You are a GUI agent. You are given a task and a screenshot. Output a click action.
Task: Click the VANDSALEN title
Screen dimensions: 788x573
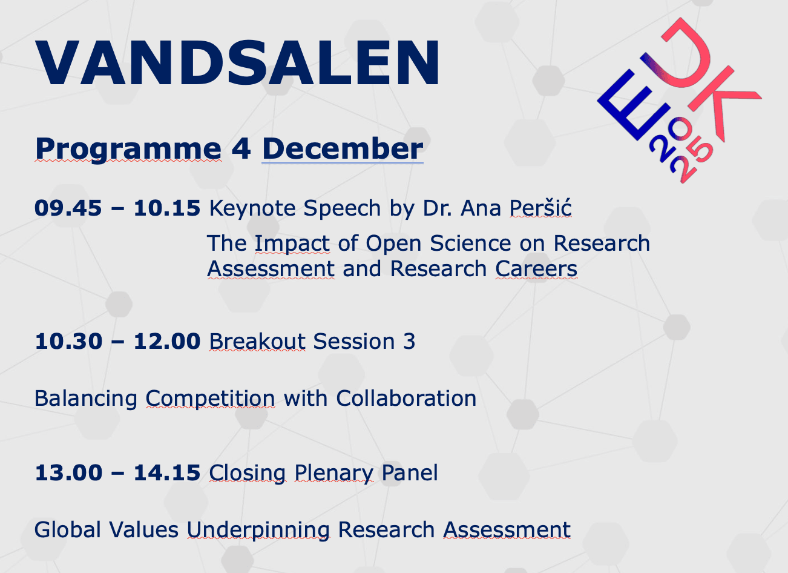[x=237, y=62]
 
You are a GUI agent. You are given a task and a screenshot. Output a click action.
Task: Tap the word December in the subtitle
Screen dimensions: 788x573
[x=343, y=148]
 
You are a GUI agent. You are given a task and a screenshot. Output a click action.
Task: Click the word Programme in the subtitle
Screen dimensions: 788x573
[x=128, y=150]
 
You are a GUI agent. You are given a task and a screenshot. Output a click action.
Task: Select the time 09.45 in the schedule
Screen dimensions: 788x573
[x=68, y=208]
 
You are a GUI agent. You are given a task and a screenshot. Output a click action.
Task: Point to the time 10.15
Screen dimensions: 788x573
[x=167, y=208]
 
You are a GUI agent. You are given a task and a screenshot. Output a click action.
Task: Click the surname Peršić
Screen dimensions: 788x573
[x=540, y=207]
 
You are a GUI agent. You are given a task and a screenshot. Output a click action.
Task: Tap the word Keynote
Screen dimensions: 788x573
[x=252, y=208]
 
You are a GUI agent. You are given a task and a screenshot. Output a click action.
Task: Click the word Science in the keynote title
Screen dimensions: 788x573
[x=470, y=243]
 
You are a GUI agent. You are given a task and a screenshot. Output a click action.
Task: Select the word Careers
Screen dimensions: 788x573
[x=536, y=269]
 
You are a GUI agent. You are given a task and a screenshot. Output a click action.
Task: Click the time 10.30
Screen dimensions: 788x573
[x=68, y=342]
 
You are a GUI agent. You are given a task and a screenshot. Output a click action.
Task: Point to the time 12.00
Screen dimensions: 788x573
[x=167, y=342]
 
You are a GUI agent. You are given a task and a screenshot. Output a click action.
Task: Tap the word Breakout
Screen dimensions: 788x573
[x=257, y=342]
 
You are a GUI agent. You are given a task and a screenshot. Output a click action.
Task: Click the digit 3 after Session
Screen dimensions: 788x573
[x=409, y=342]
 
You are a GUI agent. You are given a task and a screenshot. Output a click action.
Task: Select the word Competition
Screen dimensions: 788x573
[x=211, y=399]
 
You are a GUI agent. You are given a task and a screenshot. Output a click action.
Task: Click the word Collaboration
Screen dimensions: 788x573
[x=406, y=398]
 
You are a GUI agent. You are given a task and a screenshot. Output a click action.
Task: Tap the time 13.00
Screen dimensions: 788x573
[x=68, y=472]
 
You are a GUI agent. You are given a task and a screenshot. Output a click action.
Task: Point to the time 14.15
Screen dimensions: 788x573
[x=167, y=472]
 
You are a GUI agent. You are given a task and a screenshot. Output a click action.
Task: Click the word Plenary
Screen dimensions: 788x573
[x=333, y=473]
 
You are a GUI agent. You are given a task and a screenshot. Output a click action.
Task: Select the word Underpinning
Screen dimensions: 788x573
[x=258, y=531]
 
